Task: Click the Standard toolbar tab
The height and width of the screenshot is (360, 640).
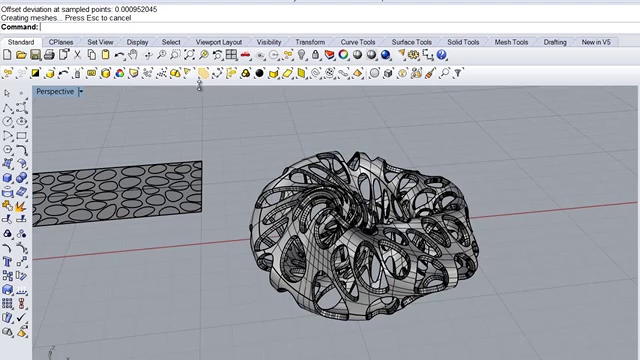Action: (x=21, y=42)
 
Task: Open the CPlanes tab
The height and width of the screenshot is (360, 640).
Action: (x=61, y=42)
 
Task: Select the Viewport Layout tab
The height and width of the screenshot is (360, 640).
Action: (x=218, y=42)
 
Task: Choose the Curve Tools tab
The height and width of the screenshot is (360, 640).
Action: (x=357, y=42)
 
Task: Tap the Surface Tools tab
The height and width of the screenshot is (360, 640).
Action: (x=411, y=42)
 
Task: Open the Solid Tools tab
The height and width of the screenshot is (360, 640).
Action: (x=463, y=42)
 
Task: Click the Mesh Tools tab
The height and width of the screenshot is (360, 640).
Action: (x=511, y=42)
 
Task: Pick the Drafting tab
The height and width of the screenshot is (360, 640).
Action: (x=555, y=42)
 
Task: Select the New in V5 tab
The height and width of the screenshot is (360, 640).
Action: (x=596, y=42)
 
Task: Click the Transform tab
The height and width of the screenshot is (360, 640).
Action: (x=310, y=42)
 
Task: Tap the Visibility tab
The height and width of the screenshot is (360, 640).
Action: (x=269, y=42)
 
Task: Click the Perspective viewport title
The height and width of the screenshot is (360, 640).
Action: (x=55, y=91)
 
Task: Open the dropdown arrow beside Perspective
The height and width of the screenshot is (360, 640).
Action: (x=81, y=91)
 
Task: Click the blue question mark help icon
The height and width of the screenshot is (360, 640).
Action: (x=441, y=55)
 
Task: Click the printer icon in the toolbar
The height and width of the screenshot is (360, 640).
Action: (x=49, y=55)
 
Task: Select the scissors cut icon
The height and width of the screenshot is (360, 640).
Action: (x=77, y=55)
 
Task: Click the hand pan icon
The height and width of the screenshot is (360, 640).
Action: (x=133, y=55)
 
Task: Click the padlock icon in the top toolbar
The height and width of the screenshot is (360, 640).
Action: (x=315, y=55)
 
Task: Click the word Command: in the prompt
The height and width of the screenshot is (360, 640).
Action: (x=19, y=27)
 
